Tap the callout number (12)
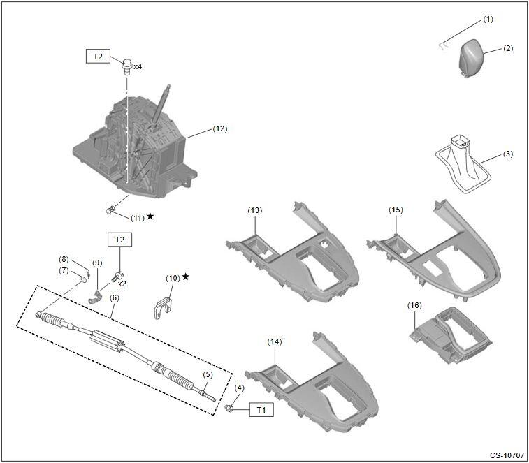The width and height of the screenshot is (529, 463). pos(220,128)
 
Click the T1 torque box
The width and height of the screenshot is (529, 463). pos(261,410)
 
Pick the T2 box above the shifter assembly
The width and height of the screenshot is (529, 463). pos(98,56)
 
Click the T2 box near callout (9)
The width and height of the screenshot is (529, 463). pos(119,240)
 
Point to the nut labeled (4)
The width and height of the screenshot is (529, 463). pos(229,407)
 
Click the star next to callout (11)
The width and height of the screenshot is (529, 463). pos(151,217)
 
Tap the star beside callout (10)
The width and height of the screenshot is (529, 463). pos(185,277)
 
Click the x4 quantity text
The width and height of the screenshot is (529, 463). pos(138,66)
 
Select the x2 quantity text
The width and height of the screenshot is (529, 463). pos(122,284)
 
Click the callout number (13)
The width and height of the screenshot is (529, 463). pos(255,210)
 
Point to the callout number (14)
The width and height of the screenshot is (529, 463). pos(275,341)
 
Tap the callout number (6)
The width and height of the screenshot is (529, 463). pos(113,297)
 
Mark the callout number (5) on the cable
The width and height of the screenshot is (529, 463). pos(208,374)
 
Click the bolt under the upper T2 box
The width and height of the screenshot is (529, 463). pos(127,66)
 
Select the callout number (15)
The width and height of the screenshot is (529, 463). pos(396,210)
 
